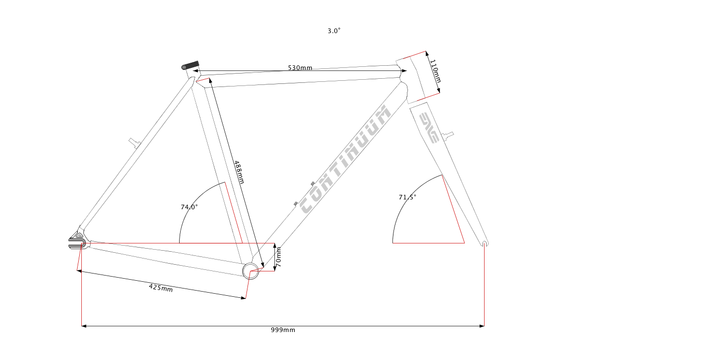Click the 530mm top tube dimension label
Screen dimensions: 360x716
pos(300,68)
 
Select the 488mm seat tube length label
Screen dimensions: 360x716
pos(239,172)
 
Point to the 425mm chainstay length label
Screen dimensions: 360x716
pos(160,288)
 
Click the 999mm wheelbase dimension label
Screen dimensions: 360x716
pos(283,330)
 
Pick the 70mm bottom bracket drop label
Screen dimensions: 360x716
pos(279,257)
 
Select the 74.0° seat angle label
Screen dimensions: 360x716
pos(189,207)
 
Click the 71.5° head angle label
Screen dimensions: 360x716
pos(407,197)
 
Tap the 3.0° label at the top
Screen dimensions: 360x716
pos(334,31)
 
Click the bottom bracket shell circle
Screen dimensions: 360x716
pos(251,271)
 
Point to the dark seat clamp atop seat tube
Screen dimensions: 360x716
pos(190,65)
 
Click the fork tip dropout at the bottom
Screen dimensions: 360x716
pos(485,243)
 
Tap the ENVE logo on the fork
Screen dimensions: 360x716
pos(429,127)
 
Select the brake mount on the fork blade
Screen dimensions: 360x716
pos(448,135)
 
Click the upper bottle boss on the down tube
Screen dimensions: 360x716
pos(313,184)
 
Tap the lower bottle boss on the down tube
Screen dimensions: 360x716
pos(296,204)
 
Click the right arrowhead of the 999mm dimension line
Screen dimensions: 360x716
pos(482,326)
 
